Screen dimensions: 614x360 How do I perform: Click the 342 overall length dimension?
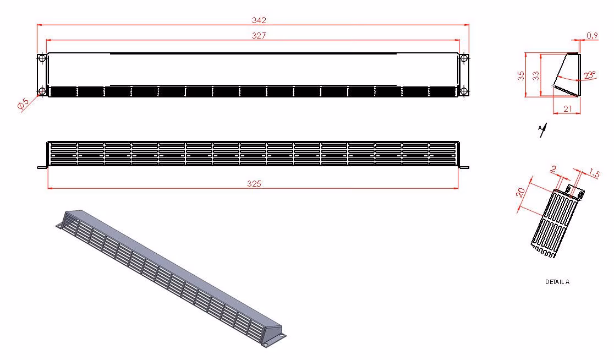coord(259,20)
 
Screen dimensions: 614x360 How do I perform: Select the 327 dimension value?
coord(259,36)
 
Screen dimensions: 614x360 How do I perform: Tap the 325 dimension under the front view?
coord(254,184)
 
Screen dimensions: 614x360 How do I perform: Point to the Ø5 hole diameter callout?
coord(23,103)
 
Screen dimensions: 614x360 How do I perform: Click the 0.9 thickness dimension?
coord(592,36)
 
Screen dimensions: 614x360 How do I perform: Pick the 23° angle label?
coord(589,75)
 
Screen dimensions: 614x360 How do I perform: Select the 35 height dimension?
coord(521,76)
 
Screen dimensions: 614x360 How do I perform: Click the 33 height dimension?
coord(536,76)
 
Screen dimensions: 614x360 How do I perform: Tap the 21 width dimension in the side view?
coord(568,109)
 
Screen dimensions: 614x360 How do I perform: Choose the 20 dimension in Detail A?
coord(520,192)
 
